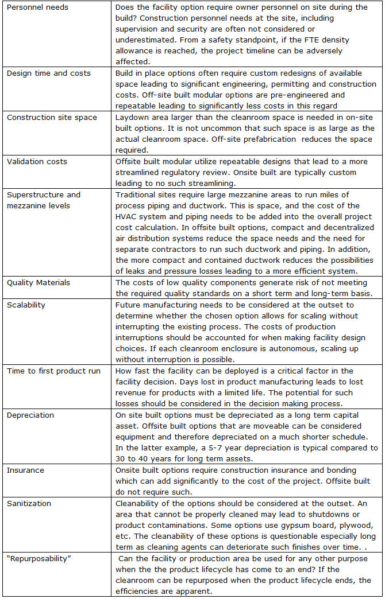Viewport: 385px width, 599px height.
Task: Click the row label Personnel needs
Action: pyautogui.click(x=37, y=7)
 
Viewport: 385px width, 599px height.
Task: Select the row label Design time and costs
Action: pyautogui.click(x=48, y=73)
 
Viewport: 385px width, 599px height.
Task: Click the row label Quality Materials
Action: pyautogui.click(x=38, y=282)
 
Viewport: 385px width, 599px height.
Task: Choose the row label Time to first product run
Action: pyautogui.click(x=53, y=371)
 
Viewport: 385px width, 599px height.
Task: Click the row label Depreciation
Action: pyautogui.click(x=30, y=415)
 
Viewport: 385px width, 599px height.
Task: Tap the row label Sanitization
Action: pyautogui.click(x=29, y=503)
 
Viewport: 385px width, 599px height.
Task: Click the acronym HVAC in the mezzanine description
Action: pyautogui.click(x=125, y=217)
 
